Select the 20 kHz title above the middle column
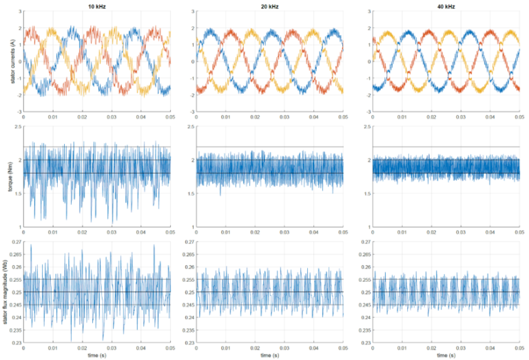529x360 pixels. (x=271, y=6)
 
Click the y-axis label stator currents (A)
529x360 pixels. (x=12, y=62)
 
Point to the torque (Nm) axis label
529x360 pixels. (x=12, y=177)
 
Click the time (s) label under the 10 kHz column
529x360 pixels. (x=96, y=355)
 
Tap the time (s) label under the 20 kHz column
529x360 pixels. (x=271, y=355)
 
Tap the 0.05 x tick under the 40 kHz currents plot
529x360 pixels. (x=517, y=117)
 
